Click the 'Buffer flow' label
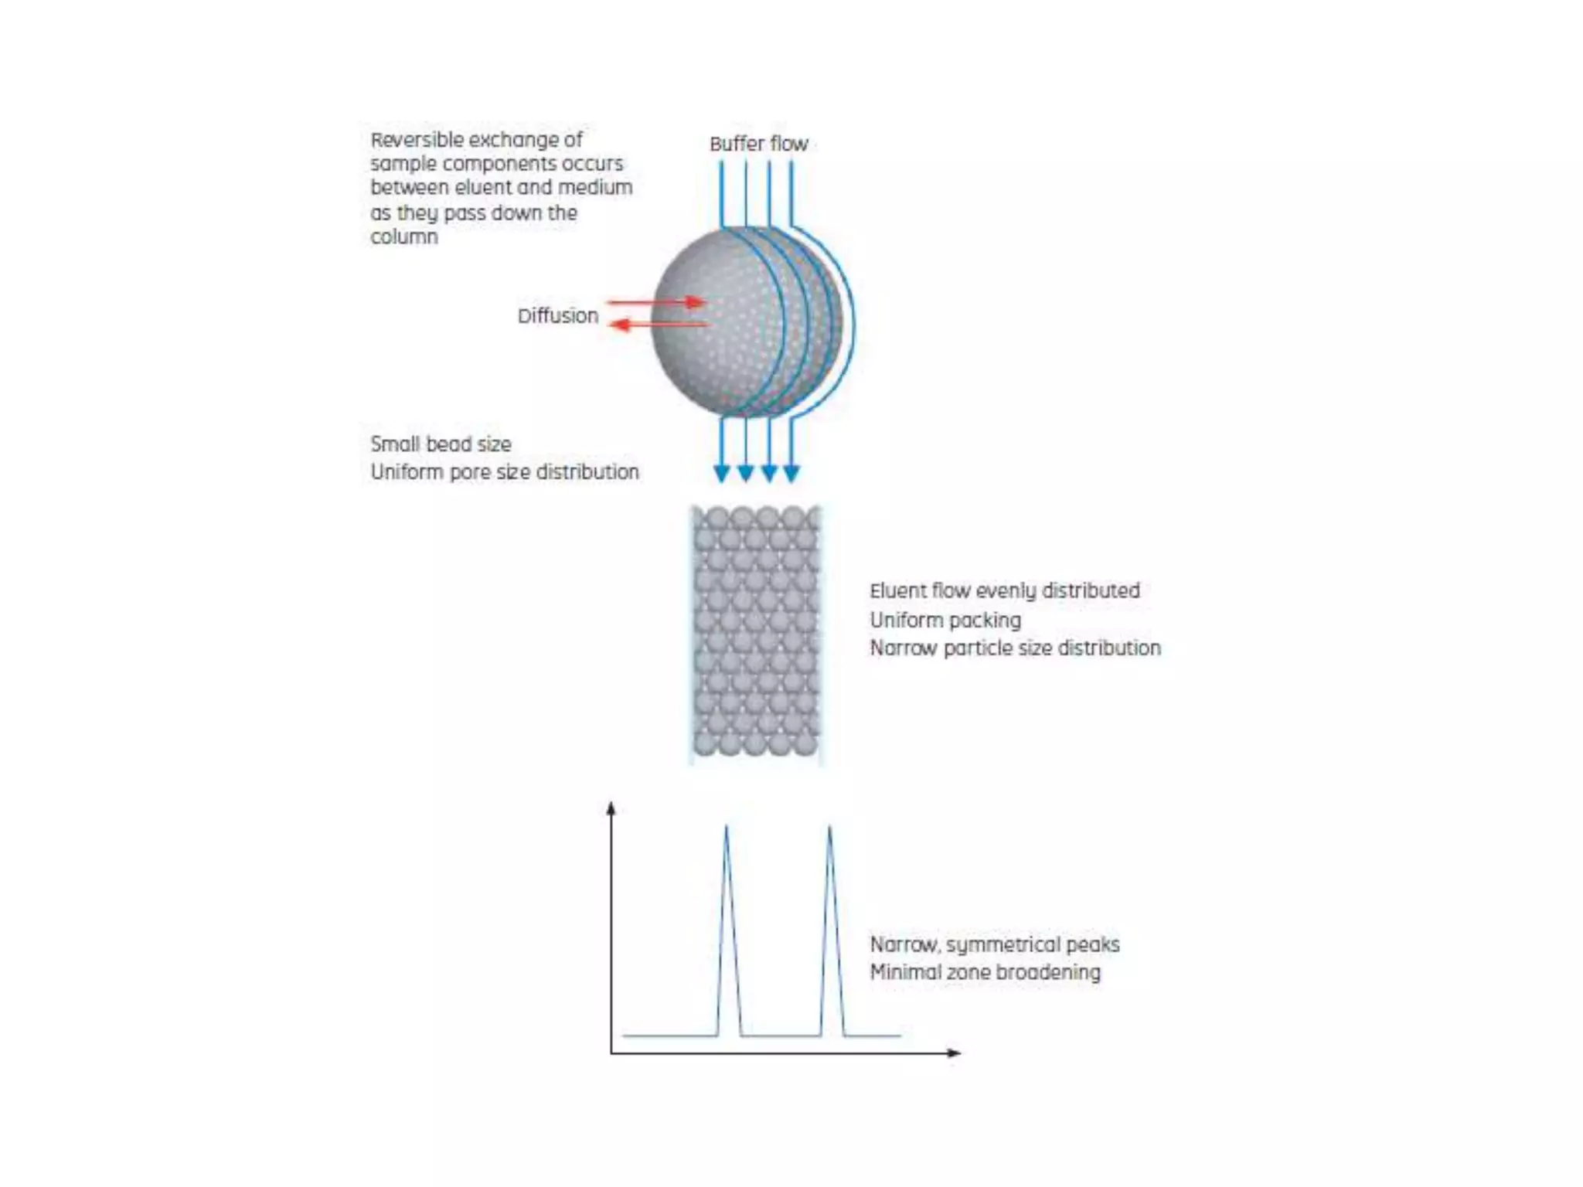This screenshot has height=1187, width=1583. [x=758, y=144]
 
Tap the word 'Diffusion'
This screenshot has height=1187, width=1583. [x=557, y=316]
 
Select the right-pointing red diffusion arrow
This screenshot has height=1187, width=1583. [x=657, y=301]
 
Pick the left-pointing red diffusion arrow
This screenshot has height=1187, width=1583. [x=657, y=325]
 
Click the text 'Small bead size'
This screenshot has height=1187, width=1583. [x=441, y=444]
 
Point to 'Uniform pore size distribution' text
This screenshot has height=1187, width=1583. [x=505, y=472]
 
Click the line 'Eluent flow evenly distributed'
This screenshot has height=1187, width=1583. [x=1004, y=591]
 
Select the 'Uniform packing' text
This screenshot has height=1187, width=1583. [x=945, y=620]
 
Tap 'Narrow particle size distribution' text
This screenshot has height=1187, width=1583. [x=1015, y=648]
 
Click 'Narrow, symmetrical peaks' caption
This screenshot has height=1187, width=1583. [x=994, y=944]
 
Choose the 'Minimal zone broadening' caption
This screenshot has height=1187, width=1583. [x=985, y=972]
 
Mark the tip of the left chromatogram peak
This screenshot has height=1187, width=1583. [x=726, y=827]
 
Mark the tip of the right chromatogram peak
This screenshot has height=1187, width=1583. [x=829, y=827]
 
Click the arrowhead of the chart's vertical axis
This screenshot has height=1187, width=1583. [x=611, y=808]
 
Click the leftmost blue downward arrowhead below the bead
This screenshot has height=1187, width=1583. [x=722, y=474]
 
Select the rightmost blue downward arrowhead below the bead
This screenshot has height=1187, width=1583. [x=791, y=474]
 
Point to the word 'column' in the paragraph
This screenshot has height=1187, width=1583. [x=403, y=236]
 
